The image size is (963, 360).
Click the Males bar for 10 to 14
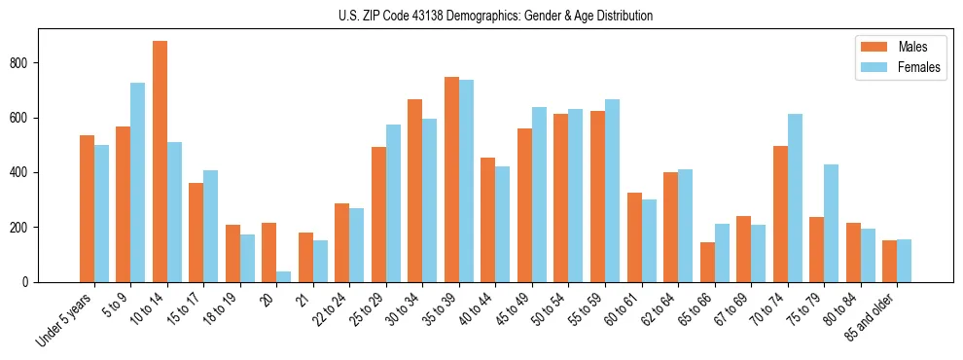click(160, 162)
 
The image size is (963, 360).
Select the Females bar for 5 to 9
click(138, 182)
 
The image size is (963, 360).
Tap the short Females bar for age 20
click(284, 276)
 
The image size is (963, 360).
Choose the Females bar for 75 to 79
click(831, 223)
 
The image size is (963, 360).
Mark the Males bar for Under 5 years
click(87, 208)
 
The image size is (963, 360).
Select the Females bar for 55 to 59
click(612, 191)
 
